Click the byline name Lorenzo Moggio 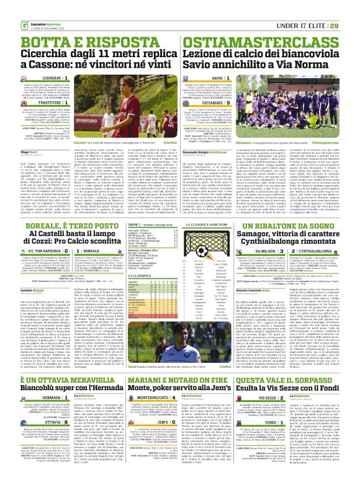14,290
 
